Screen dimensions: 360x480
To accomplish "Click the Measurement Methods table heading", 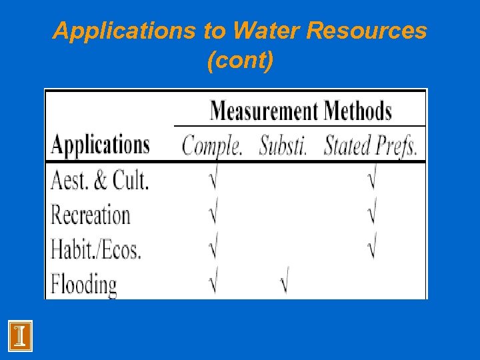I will [x=301, y=110].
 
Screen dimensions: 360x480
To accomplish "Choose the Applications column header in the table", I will [x=101, y=145].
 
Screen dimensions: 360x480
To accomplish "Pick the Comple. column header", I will [x=212, y=145].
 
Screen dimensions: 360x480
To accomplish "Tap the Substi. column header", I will [x=283, y=145].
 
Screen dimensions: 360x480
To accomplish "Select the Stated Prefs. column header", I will [x=371, y=145].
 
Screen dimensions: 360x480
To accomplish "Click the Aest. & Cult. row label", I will [x=100, y=179].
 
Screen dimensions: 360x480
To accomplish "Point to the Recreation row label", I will [x=91, y=215].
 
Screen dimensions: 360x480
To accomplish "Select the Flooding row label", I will [x=84, y=285].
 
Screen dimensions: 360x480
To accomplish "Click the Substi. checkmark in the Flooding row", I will [x=284, y=284].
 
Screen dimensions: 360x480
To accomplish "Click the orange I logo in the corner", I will [x=21, y=335].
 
